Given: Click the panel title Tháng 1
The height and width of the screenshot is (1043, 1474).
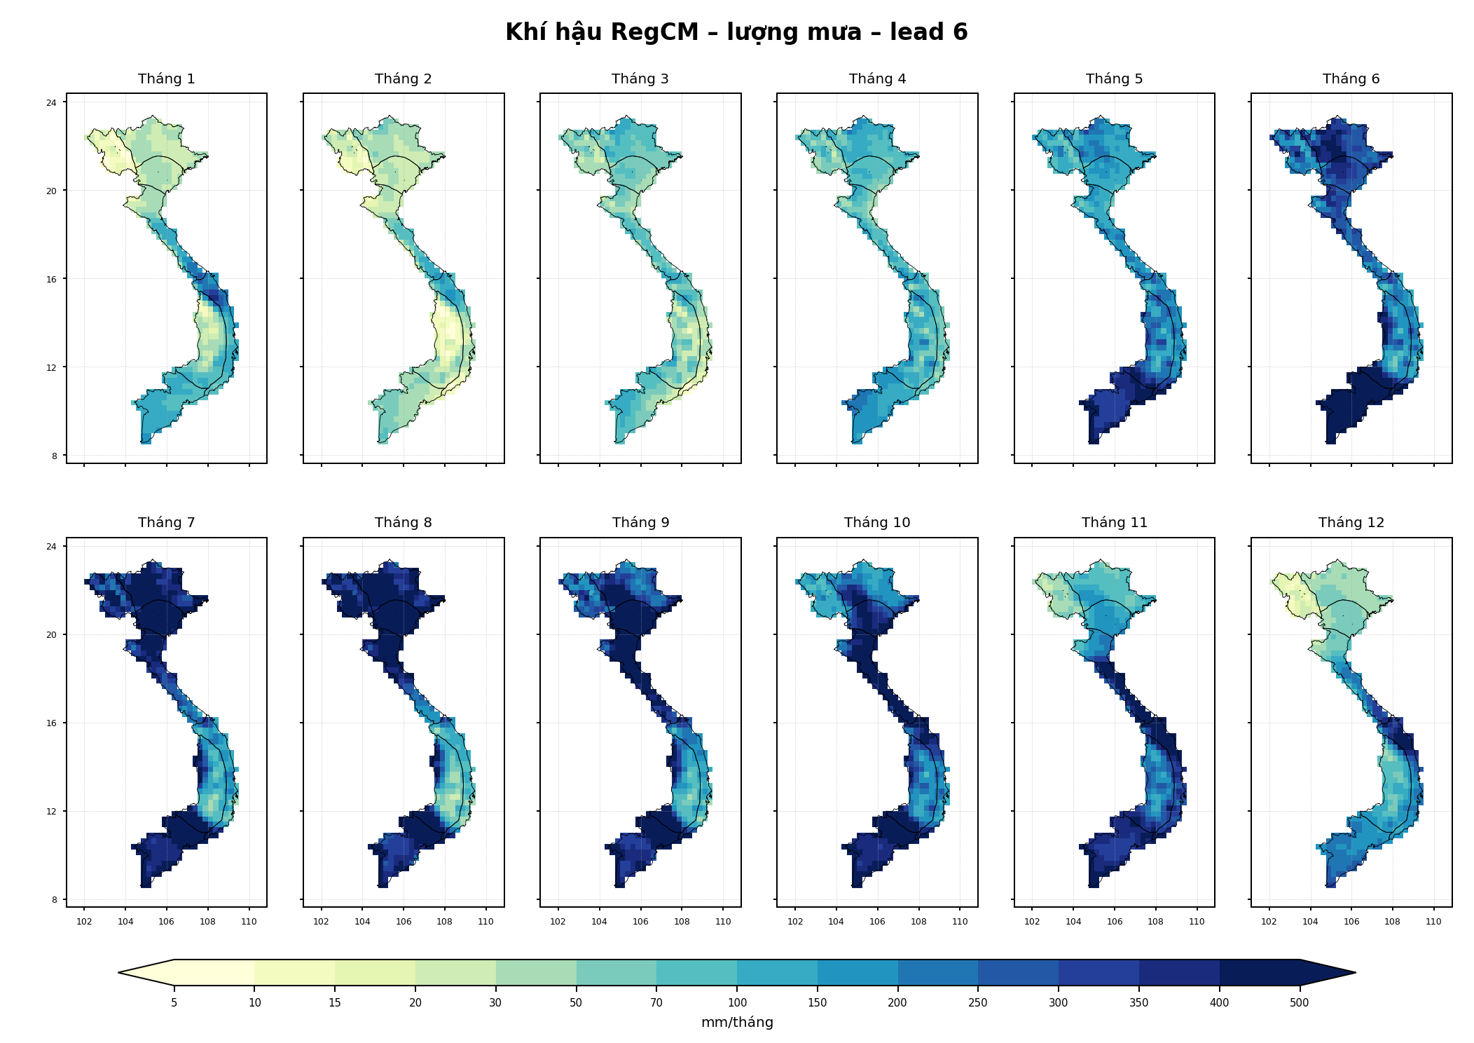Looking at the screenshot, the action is tap(166, 79).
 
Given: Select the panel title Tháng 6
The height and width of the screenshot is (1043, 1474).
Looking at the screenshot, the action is tap(1351, 79).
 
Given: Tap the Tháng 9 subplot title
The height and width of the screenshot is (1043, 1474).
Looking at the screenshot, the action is tap(640, 523).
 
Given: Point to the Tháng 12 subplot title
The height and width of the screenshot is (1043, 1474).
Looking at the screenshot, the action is tap(1351, 523).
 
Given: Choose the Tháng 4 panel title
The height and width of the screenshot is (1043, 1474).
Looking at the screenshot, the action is tap(877, 79).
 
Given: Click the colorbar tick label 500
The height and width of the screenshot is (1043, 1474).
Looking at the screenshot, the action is tap(1299, 1003).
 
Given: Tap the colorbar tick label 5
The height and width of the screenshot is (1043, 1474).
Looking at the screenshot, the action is tap(174, 1003).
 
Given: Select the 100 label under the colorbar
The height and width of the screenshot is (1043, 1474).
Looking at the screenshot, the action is tap(737, 1003).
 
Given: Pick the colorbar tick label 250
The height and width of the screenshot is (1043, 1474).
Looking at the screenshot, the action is tap(977, 1003).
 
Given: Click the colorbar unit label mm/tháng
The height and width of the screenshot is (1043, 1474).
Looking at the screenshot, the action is tap(737, 1023).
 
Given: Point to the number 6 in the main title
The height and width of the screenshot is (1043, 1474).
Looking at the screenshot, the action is tap(960, 32).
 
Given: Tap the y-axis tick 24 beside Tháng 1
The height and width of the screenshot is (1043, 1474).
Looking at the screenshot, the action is tap(51, 103).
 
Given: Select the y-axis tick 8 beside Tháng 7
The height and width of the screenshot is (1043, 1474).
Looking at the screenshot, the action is tap(54, 900).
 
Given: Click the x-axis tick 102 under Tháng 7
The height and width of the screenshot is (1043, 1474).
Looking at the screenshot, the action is tap(84, 922).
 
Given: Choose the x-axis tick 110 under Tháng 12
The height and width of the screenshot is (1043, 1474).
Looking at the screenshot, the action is tap(1433, 922).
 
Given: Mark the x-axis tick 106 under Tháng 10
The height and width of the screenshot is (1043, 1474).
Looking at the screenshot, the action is tap(877, 922).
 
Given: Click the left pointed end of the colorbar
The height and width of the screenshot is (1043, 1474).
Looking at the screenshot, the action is tap(119, 973).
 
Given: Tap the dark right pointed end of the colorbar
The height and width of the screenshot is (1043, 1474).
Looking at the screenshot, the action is tap(1355, 973).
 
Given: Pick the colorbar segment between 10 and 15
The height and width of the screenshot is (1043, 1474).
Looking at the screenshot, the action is tap(294, 973).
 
